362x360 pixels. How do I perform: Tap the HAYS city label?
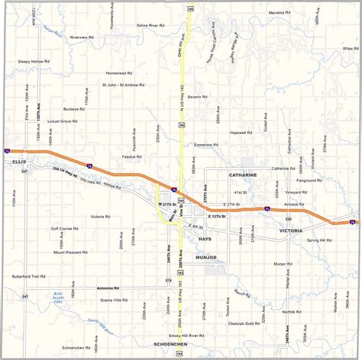point(205,239)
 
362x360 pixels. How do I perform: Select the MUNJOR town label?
point(207,258)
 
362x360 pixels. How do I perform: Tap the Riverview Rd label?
point(83,37)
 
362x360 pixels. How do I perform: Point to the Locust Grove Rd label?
point(65,121)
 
